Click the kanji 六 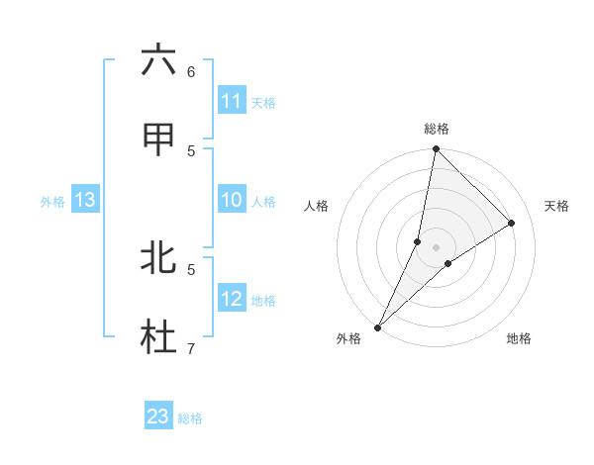click(x=158, y=61)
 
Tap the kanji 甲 click(x=158, y=140)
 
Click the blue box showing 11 click(x=232, y=101)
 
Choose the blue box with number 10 click(x=232, y=200)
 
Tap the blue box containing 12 click(x=232, y=299)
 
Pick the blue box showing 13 click(x=85, y=200)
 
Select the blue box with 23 click(x=158, y=417)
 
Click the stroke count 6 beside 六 click(x=191, y=72)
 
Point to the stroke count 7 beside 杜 click(x=191, y=348)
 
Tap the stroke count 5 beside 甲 click(x=191, y=151)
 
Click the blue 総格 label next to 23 click(x=190, y=418)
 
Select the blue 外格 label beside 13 click(x=52, y=202)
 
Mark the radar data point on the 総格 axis click(x=436, y=148)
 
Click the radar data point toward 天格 click(x=512, y=223)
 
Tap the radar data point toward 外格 click(x=377, y=327)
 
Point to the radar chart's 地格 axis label click(x=519, y=338)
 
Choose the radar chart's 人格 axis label click(x=316, y=206)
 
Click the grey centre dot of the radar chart click(x=436, y=247)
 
